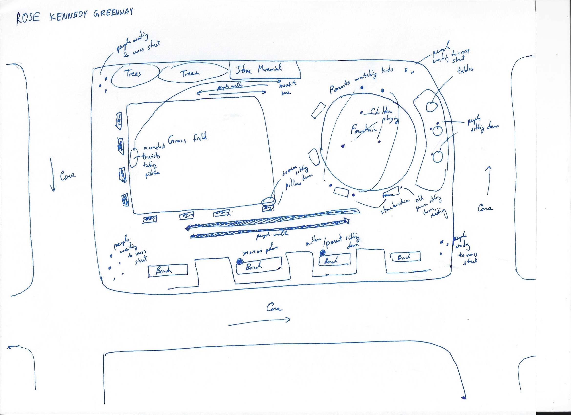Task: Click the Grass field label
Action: [x=188, y=139]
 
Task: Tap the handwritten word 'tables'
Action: [x=465, y=70]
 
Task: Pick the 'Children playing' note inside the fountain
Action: [x=383, y=115]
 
